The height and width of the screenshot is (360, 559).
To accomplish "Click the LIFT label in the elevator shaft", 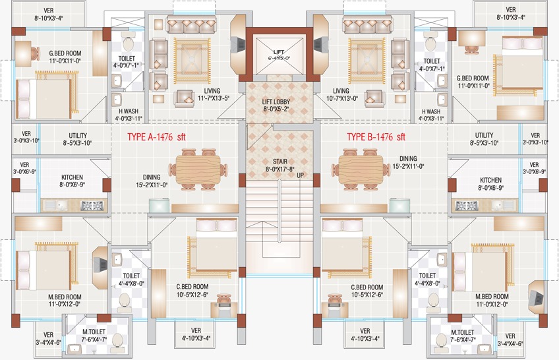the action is point(278,52).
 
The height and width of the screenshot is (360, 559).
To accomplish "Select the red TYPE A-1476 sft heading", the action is point(156,137).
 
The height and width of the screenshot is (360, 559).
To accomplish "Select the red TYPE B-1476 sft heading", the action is point(376,137).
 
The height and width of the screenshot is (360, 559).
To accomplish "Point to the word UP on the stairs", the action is point(301,176).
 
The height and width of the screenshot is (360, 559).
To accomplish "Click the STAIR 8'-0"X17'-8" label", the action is point(280,165).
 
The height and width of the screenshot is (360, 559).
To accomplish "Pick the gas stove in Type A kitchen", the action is point(92,206).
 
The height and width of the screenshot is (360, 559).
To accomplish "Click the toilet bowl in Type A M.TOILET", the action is point(117,341).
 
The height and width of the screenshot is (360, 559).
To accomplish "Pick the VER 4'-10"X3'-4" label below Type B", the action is point(365,335).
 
